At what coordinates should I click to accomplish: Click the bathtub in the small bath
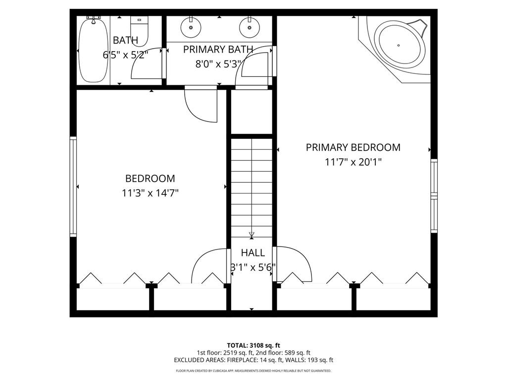click(94, 50)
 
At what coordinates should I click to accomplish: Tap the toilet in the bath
click(139, 31)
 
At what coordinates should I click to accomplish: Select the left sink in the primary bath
click(191, 27)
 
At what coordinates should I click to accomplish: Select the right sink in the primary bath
click(250, 27)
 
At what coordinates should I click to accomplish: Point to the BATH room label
click(125, 41)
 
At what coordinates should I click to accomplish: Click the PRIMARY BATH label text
click(218, 50)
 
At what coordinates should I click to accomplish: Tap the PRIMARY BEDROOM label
click(353, 147)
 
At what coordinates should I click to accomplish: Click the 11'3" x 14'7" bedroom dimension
click(150, 193)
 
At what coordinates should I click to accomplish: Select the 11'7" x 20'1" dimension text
click(353, 162)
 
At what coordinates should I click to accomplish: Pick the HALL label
click(253, 253)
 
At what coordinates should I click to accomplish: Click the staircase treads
click(252, 188)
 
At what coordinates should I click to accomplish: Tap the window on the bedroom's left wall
click(73, 187)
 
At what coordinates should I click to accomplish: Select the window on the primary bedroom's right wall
click(434, 195)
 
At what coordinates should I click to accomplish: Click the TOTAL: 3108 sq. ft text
click(253, 345)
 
